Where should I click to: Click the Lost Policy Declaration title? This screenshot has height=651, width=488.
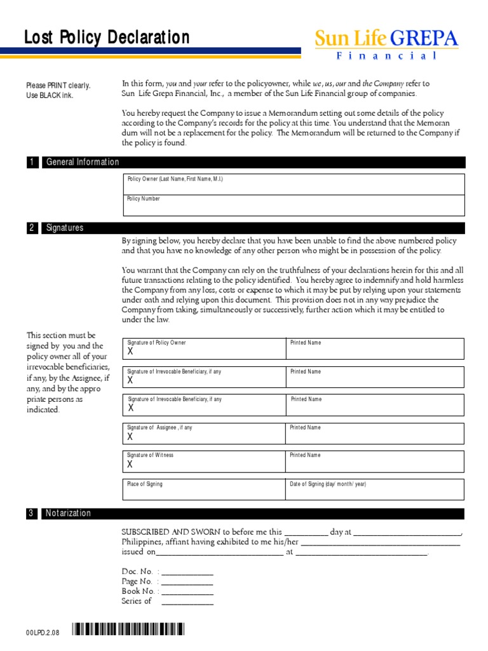point(107,38)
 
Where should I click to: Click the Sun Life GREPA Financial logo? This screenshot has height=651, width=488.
point(386,46)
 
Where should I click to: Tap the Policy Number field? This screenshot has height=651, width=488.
point(294,205)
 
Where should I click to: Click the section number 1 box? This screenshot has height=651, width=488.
point(32,162)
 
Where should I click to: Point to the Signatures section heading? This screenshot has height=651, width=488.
point(64,228)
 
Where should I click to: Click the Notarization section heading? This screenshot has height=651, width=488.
point(68,513)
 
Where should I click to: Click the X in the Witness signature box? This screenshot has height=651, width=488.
point(130,465)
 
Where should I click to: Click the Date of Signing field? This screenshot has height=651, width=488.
point(375,489)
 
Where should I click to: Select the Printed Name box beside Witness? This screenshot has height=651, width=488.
point(375,461)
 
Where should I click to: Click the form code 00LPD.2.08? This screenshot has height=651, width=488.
point(43,633)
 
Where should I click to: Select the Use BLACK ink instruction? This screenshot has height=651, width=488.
point(50,95)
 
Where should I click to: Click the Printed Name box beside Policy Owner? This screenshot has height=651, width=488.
point(375,348)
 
